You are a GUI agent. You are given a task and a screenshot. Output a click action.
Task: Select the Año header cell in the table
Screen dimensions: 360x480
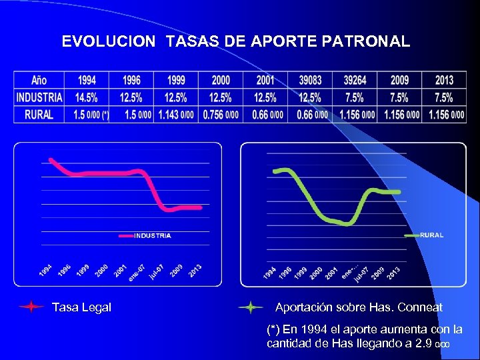(39, 80)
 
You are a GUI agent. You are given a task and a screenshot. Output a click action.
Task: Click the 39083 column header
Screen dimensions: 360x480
(309, 80)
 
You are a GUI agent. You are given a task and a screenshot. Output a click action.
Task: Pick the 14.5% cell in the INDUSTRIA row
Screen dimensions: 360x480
(87, 97)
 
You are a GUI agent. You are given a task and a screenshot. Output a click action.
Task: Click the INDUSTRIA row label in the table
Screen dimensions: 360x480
(39, 97)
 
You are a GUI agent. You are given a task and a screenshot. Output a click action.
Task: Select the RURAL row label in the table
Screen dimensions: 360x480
(39, 115)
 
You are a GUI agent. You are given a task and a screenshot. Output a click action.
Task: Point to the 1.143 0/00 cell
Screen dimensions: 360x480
(175, 115)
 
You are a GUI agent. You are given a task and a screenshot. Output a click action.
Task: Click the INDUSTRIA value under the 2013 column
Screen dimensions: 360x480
(444, 97)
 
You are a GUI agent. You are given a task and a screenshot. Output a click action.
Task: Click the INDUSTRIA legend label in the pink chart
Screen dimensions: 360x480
(153, 235)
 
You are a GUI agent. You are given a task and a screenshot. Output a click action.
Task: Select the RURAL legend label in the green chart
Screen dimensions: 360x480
(431, 235)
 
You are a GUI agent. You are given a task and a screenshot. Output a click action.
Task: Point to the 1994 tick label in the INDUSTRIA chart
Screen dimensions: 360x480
(46, 271)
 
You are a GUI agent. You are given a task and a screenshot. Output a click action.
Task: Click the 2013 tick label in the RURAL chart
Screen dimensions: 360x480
(394, 273)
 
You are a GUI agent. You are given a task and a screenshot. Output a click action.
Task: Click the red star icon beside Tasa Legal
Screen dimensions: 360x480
(31, 307)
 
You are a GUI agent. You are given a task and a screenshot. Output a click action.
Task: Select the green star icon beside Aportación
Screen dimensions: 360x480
(250, 307)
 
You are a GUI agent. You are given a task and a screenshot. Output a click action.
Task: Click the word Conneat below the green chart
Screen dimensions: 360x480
(419, 307)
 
